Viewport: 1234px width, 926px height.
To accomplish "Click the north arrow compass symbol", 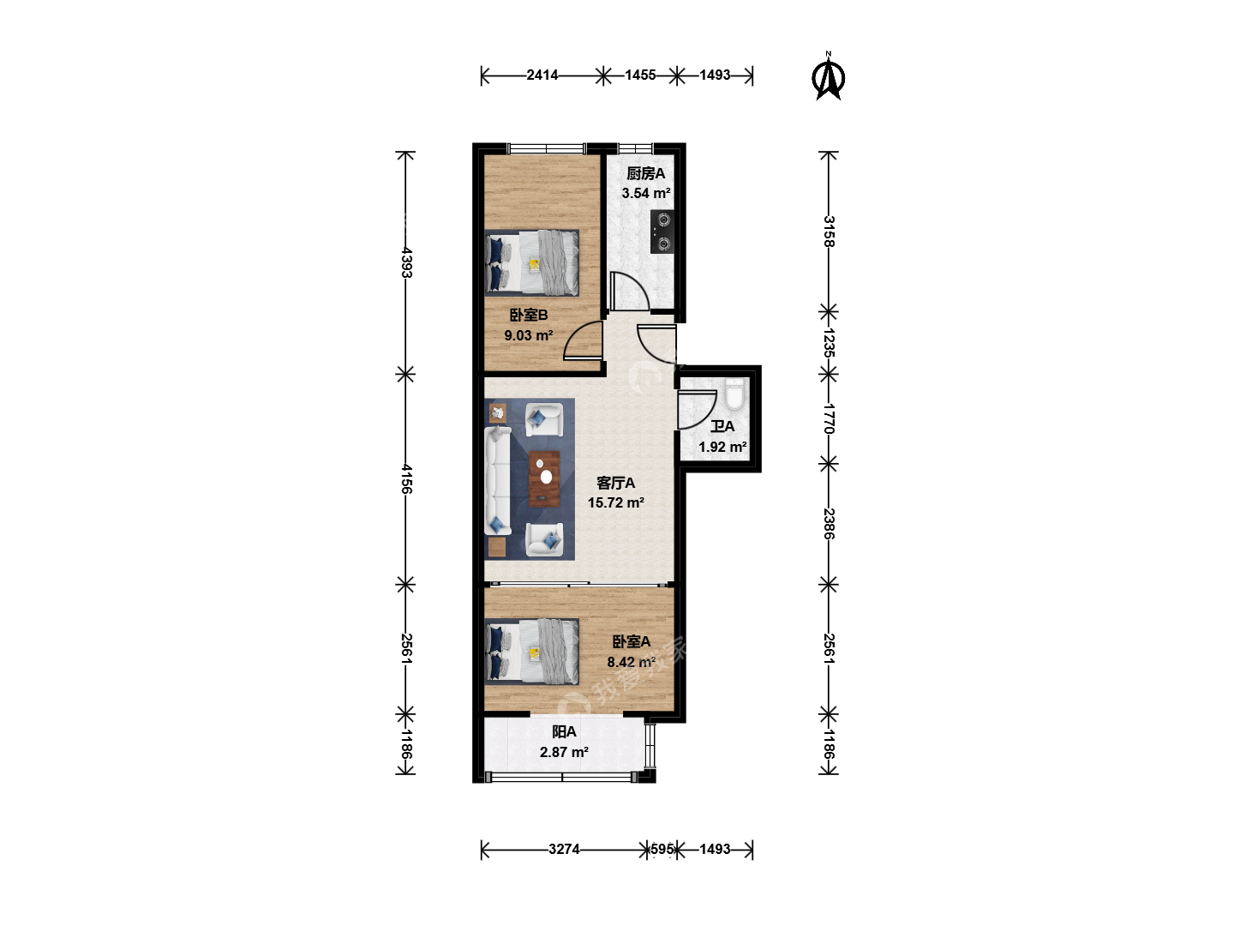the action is click(x=828, y=76).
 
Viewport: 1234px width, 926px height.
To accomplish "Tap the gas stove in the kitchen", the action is click(x=662, y=231).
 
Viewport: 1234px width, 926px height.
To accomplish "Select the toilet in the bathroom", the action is click(x=734, y=393).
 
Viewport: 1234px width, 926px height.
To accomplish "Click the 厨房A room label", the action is click(x=646, y=174).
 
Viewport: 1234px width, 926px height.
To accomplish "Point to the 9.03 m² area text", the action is click(x=529, y=335).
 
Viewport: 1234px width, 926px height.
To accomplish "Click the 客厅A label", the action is click(x=616, y=483).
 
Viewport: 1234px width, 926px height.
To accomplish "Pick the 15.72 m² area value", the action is click(x=616, y=502).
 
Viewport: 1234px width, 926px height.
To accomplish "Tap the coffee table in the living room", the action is click(x=544, y=478).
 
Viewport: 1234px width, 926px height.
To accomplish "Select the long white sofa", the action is click(x=498, y=480).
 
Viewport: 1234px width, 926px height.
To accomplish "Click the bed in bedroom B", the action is click(x=532, y=262).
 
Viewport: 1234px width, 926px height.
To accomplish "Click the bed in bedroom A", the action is click(x=532, y=652).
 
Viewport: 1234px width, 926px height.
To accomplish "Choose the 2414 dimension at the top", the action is click(x=542, y=75).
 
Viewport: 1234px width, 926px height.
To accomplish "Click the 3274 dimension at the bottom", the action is click(x=565, y=849).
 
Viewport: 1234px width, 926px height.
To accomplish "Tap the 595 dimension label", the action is click(x=662, y=849).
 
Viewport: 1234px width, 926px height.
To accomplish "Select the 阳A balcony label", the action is click(x=565, y=732).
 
